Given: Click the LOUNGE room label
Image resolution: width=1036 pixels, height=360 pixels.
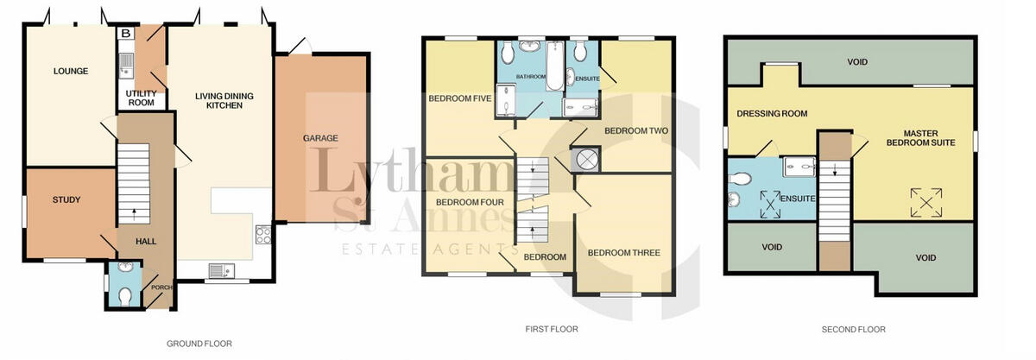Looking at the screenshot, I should [x=71, y=71].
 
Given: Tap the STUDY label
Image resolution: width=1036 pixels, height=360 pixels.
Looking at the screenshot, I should [x=66, y=200].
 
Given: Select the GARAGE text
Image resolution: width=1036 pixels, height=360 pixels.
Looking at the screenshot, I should [x=320, y=138].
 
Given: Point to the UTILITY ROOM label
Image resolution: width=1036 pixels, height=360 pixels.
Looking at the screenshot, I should [x=140, y=98].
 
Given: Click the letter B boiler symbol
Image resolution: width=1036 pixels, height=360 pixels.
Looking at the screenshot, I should [x=126, y=34].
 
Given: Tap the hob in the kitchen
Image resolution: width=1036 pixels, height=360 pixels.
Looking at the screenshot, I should [x=262, y=232].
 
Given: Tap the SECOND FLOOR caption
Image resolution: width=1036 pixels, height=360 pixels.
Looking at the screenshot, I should [x=855, y=329].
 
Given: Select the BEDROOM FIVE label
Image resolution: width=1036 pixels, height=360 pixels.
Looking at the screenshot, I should [x=460, y=98].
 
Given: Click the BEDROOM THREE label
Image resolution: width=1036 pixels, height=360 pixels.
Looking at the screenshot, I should [x=623, y=253].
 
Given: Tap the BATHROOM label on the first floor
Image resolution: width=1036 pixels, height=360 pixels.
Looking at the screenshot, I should [x=531, y=77].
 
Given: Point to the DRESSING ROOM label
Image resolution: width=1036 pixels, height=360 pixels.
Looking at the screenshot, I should [x=772, y=113].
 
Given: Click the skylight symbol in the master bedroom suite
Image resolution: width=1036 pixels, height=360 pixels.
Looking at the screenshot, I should [x=925, y=203].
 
